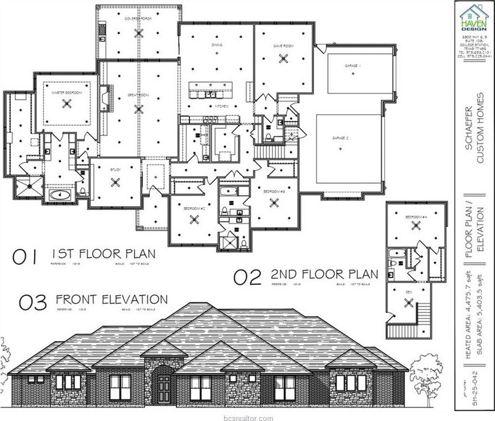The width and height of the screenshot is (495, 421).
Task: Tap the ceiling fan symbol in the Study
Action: pyautogui.click(x=116, y=182)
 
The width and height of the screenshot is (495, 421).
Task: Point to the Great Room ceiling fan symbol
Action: pyautogui.click(x=139, y=109)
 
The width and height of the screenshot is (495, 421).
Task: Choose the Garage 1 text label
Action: pyautogui.click(x=352, y=66)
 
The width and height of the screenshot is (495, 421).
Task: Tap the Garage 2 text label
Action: pyautogui.click(x=339, y=138)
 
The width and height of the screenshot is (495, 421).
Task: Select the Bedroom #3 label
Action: pyautogui.click(x=274, y=192)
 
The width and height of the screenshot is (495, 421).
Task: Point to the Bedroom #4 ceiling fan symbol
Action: pyautogui.click(x=416, y=225)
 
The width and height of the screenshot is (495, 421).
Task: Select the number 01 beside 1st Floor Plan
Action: pyautogui.click(x=25, y=257)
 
